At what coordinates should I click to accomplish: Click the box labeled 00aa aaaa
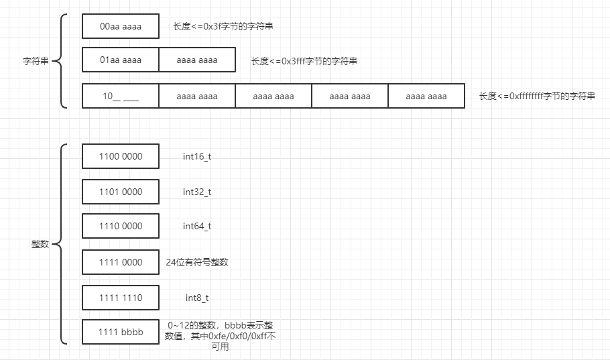pos(121,26)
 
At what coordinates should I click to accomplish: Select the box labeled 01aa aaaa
pos(121,60)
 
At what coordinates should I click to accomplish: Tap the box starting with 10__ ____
pos(121,96)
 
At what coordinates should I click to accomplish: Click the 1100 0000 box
pos(121,156)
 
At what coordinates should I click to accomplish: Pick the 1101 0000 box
pos(121,192)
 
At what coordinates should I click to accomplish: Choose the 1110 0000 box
pos(121,227)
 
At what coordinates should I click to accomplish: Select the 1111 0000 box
pos(121,262)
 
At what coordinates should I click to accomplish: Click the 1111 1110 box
pos(121,298)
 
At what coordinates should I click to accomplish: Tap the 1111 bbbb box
pos(121,333)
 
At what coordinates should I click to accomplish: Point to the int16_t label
pos(197,156)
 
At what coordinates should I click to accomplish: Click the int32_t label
pos(197,192)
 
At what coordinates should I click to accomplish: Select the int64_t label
pos(197,227)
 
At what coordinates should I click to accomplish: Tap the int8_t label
pos(197,298)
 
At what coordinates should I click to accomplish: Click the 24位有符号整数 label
pos(197,262)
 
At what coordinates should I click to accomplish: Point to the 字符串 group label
pos(36,61)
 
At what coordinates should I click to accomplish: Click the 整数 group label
pos(40,245)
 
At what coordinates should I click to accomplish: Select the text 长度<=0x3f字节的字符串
pos(223,26)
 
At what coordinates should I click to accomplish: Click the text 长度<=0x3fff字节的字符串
pos(304,61)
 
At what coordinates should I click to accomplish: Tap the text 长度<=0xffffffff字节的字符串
pos(536,96)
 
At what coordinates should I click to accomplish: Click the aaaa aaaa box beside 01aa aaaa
pos(197,60)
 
